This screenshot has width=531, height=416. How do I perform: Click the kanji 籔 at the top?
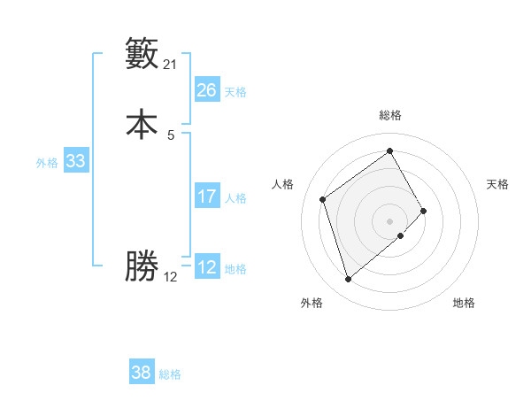pyautogui.click(x=142, y=55)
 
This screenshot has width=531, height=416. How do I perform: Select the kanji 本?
pyautogui.click(x=142, y=125)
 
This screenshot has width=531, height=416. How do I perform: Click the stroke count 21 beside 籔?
pyautogui.click(x=171, y=65)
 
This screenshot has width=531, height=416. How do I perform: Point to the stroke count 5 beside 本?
pyautogui.click(x=171, y=135)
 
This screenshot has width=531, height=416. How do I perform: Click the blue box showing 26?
pyautogui.click(x=207, y=89)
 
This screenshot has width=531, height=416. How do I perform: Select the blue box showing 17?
pyautogui.click(x=207, y=196)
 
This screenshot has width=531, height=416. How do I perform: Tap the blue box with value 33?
pyautogui.click(x=75, y=161)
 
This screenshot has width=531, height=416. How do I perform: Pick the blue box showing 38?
pyautogui.click(x=142, y=373)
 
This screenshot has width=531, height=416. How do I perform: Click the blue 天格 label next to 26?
pyautogui.click(x=235, y=92)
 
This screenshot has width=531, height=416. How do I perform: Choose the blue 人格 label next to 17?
pyautogui.click(x=235, y=198)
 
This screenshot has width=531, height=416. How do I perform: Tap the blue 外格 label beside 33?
pyautogui.click(x=47, y=163)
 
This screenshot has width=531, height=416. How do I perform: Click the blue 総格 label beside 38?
pyautogui.click(x=170, y=375)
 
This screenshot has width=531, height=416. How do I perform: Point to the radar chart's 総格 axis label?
pyautogui.click(x=390, y=115)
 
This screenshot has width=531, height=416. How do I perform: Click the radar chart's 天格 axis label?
pyautogui.click(x=497, y=184)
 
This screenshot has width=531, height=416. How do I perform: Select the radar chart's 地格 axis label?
pyautogui.click(x=464, y=304)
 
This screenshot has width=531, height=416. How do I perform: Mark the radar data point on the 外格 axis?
pyautogui.click(x=348, y=280)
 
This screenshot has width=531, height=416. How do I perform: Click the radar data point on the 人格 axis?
pyautogui.click(x=323, y=199)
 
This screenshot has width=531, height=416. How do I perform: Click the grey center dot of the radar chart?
pyautogui.click(x=390, y=220)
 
